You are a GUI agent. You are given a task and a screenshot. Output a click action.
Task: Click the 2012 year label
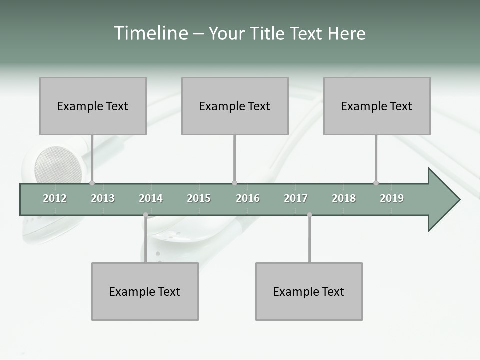55,198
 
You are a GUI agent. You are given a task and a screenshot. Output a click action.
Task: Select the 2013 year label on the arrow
103,198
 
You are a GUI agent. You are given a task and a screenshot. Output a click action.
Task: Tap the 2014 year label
151,198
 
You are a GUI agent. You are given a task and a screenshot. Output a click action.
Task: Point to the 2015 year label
199,198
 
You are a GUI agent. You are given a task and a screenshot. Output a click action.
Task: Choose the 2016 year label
248,198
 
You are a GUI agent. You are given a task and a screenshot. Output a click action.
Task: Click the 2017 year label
296,198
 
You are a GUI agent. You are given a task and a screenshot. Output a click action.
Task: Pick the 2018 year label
344,198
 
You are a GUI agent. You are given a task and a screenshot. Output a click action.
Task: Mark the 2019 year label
392,198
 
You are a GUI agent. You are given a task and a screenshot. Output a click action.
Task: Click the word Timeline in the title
150,33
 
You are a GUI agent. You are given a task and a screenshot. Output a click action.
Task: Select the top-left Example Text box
93,106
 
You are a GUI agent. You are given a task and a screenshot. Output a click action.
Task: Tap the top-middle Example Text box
235,106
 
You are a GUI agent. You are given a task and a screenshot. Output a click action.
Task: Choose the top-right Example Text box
377,106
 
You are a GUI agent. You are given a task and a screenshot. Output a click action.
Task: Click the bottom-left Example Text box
145,291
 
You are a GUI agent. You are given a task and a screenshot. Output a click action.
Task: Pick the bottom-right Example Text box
309,291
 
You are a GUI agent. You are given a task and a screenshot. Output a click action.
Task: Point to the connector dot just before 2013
92,183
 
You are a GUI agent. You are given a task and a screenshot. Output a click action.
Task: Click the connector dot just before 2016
234,183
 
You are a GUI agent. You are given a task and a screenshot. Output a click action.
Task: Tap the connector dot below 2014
145,215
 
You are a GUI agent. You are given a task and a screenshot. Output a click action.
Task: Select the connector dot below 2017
309,215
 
